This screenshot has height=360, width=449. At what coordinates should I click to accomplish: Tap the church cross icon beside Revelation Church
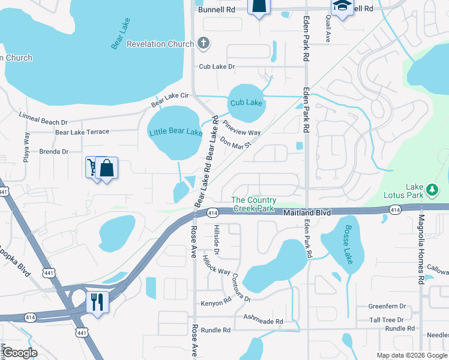203,43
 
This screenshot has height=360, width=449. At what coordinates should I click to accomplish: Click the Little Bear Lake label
176,132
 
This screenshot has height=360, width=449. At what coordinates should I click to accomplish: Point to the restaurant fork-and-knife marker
97,301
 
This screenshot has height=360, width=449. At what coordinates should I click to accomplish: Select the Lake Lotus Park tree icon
432,191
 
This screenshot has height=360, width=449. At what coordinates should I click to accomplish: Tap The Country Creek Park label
254,204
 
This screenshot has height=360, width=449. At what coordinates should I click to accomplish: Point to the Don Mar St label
235,143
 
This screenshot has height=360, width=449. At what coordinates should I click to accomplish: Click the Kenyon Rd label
216,304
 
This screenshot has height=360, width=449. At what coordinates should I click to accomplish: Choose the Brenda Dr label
53,152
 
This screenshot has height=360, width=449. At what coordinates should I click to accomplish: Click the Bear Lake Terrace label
82,132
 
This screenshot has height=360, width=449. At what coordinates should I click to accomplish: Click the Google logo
20,353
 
